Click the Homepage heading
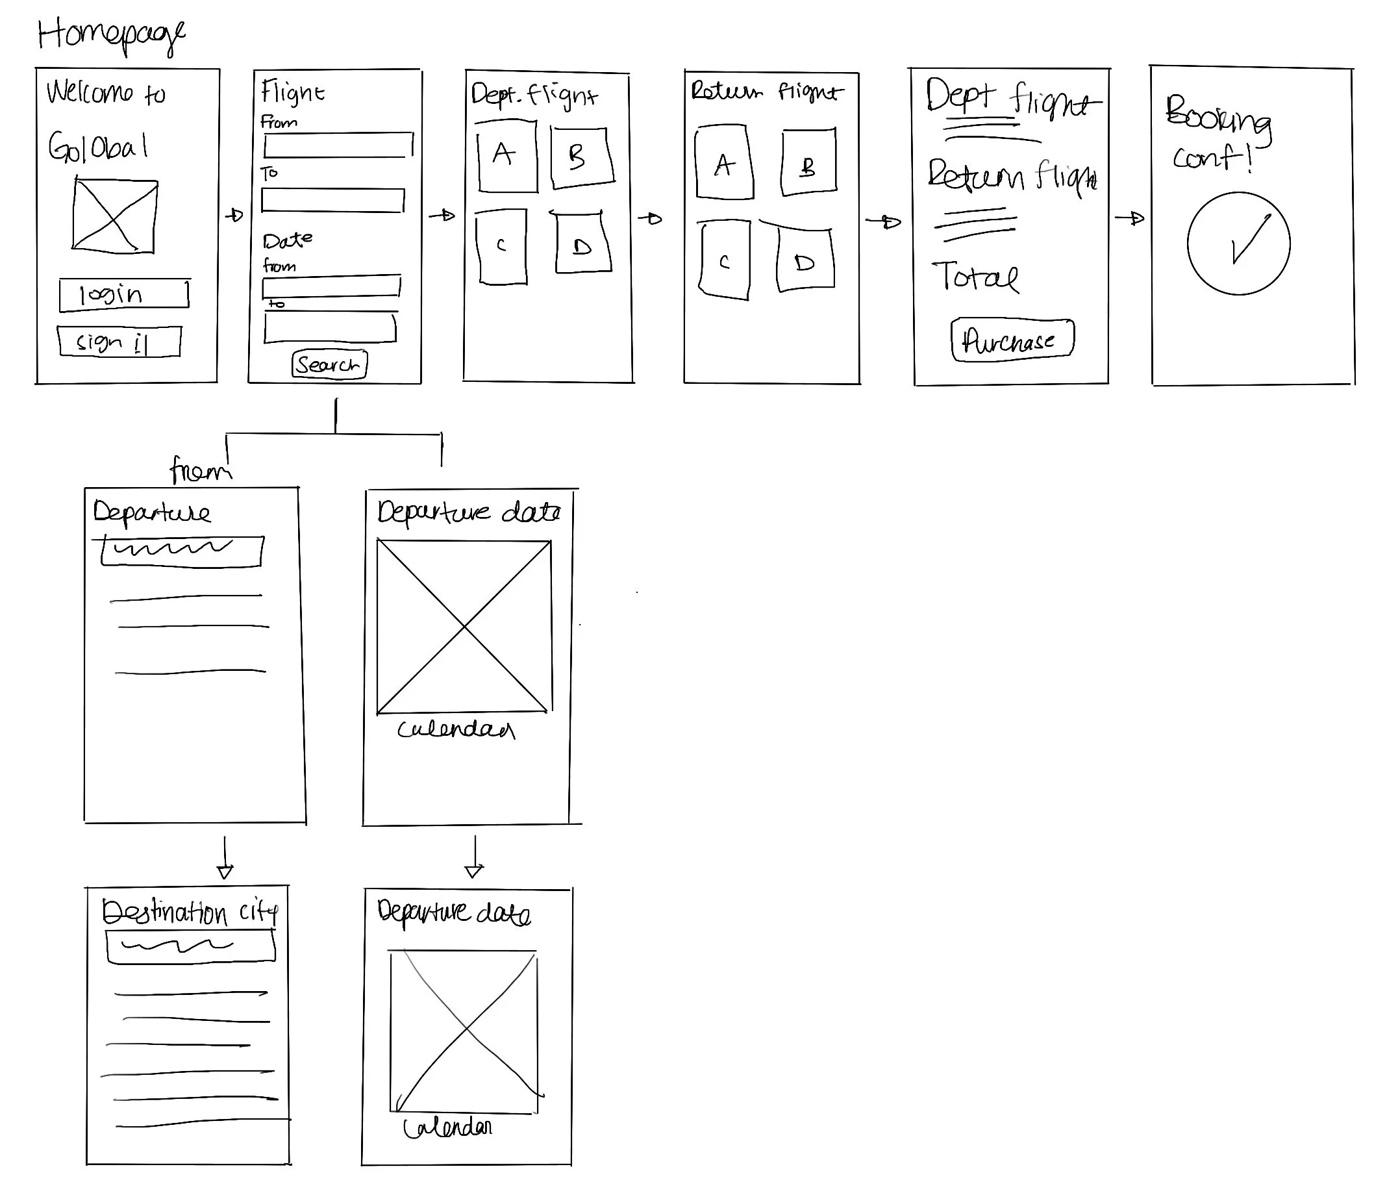[x=110, y=34]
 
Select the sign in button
[x=119, y=342]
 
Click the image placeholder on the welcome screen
[x=115, y=216]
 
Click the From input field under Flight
[x=338, y=145]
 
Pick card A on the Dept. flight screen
[x=507, y=156]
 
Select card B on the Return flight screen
[x=808, y=163]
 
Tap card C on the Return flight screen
[x=725, y=260]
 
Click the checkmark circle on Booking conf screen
[x=1238, y=244]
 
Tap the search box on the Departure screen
[x=182, y=551]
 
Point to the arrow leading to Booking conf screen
[x=1129, y=218]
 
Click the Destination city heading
[x=190, y=912]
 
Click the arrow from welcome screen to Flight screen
[x=234, y=216]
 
